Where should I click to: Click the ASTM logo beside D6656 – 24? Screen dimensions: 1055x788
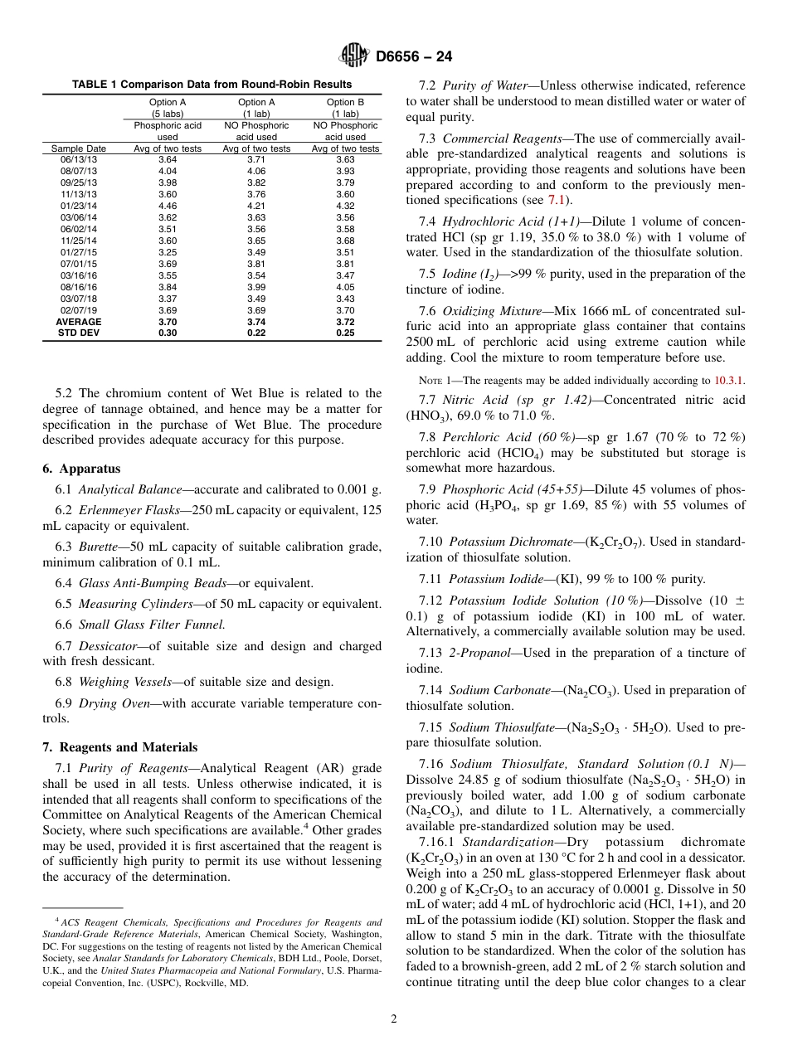tap(355, 56)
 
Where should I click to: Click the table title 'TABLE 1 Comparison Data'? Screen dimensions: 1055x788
tap(212, 85)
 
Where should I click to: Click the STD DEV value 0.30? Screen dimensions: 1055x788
tap(168, 333)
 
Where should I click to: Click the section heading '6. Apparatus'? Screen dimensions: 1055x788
tap(81, 469)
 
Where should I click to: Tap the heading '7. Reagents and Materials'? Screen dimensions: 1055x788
tap(120, 747)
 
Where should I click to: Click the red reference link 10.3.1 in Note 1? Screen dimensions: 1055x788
tap(728, 381)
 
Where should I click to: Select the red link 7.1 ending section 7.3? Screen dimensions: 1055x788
tap(555, 200)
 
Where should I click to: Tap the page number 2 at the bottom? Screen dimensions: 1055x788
tap(394, 1019)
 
